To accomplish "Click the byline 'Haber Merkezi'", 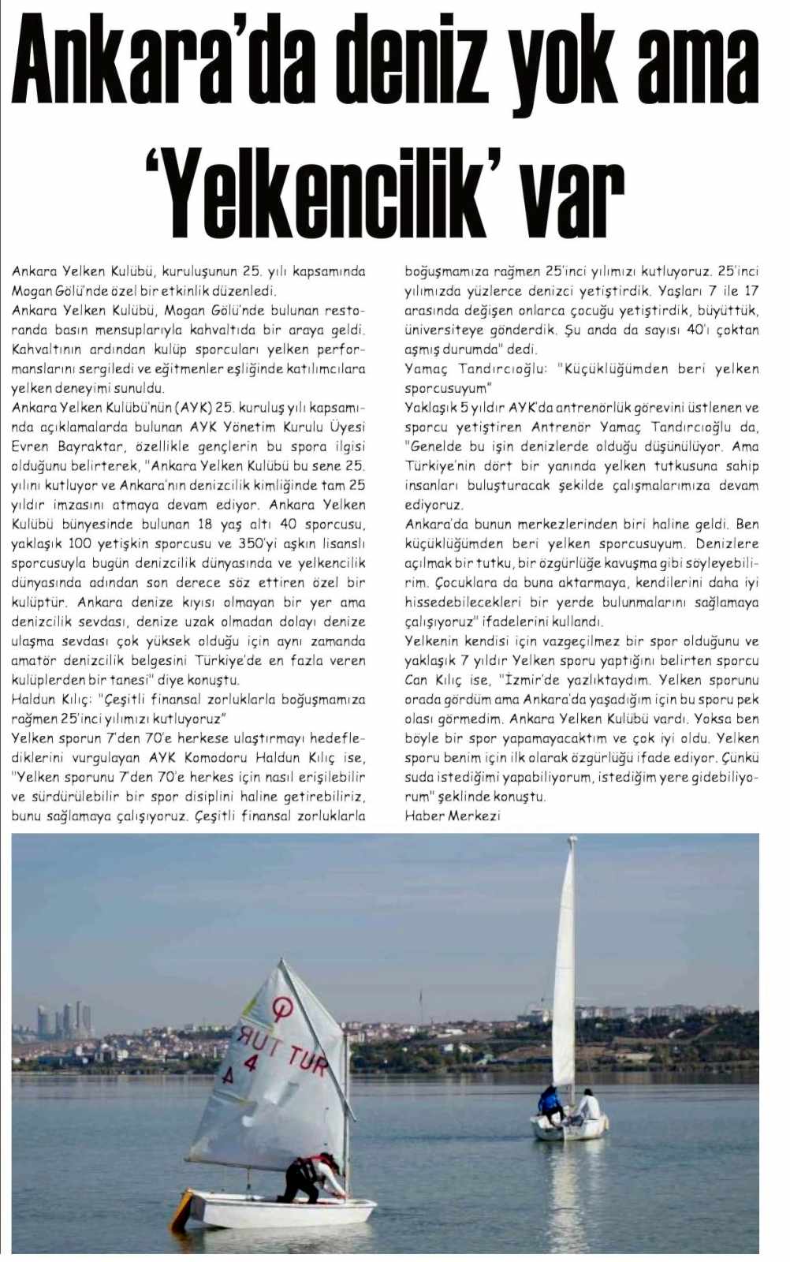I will tap(452, 816).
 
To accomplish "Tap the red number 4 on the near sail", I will tap(251, 1061).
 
